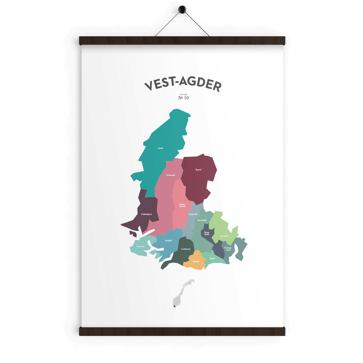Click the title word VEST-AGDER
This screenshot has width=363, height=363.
pyautogui.click(x=182, y=84)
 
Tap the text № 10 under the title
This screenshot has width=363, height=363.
pyautogui.click(x=183, y=98)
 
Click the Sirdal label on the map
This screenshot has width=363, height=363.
pyautogui.click(x=161, y=148)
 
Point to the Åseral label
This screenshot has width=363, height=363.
pyautogui.click(x=198, y=170)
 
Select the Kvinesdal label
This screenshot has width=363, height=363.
pyautogui.click(x=171, y=175)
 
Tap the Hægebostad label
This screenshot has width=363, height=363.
pyautogui.click(x=182, y=205)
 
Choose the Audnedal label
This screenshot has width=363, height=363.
pyautogui.click(x=193, y=214)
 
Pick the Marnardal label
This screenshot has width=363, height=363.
pyautogui.click(x=202, y=220)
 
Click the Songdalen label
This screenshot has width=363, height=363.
pyautogui.click(x=207, y=233)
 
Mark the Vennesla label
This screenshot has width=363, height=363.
pyautogui.click(x=224, y=236)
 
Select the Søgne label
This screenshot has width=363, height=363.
pyautogui.click(x=212, y=258)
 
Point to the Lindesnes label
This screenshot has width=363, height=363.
pyautogui.click(x=186, y=249)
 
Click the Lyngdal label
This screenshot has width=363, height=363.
pyautogui.click(x=168, y=240)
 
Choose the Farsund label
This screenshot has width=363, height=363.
pyautogui.click(x=141, y=246)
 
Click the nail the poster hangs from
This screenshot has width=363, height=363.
pyautogui.click(x=182, y=10)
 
